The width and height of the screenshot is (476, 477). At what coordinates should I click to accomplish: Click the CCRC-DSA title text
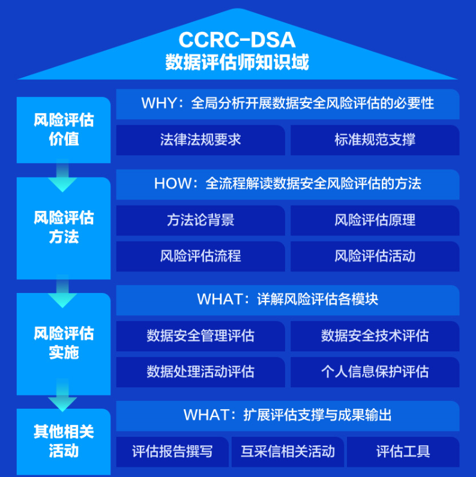coord(236,40)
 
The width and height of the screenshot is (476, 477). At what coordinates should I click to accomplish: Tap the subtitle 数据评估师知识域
coord(236,62)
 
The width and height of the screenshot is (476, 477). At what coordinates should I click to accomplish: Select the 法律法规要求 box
coord(200,140)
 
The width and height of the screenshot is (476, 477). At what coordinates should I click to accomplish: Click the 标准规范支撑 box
coord(375,140)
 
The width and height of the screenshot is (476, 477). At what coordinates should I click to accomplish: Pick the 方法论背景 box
coord(200,221)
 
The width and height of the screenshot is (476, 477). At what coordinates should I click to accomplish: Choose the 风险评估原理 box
coord(375,221)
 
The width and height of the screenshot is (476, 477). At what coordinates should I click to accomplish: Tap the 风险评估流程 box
coord(200,256)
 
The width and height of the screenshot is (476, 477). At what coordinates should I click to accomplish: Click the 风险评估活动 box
coord(375,256)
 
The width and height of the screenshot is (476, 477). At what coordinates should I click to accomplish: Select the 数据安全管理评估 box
coord(200,336)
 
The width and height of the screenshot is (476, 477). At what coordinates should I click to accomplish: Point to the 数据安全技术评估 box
coord(375,336)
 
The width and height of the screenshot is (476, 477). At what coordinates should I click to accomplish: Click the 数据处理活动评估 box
coord(200,372)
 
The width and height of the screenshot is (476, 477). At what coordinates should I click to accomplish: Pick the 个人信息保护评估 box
coord(375,372)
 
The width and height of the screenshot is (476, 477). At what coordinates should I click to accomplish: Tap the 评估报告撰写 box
coord(172,452)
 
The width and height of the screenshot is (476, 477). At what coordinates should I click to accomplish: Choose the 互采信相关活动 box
coord(288,452)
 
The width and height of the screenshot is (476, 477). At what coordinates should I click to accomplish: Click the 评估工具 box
coord(403,452)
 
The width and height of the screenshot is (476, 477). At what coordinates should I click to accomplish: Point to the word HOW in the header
coord(172,183)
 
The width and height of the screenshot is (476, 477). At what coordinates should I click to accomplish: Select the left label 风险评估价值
coord(64,129)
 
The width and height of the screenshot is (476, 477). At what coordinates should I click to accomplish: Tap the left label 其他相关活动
coord(64,442)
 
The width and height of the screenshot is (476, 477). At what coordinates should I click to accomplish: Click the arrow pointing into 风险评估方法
coord(62,176)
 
